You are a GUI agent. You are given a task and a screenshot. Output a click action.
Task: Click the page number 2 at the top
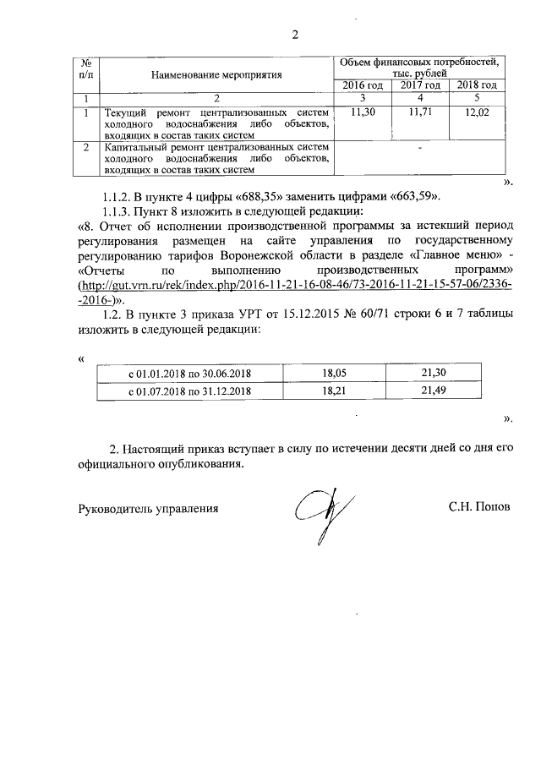[x=295, y=35]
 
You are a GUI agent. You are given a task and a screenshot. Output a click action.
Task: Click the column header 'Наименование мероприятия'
[x=216, y=75]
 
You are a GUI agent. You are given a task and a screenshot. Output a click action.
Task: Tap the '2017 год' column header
[x=420, y=85]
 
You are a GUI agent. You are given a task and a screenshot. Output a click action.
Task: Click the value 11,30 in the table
[x=363, y=112]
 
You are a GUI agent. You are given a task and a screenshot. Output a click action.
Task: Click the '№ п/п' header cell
[x=86, y=69]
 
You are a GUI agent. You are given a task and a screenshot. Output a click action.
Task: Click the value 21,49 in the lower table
[x=434, y=391]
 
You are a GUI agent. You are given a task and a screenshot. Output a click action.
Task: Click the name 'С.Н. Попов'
[x=480, y=509]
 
